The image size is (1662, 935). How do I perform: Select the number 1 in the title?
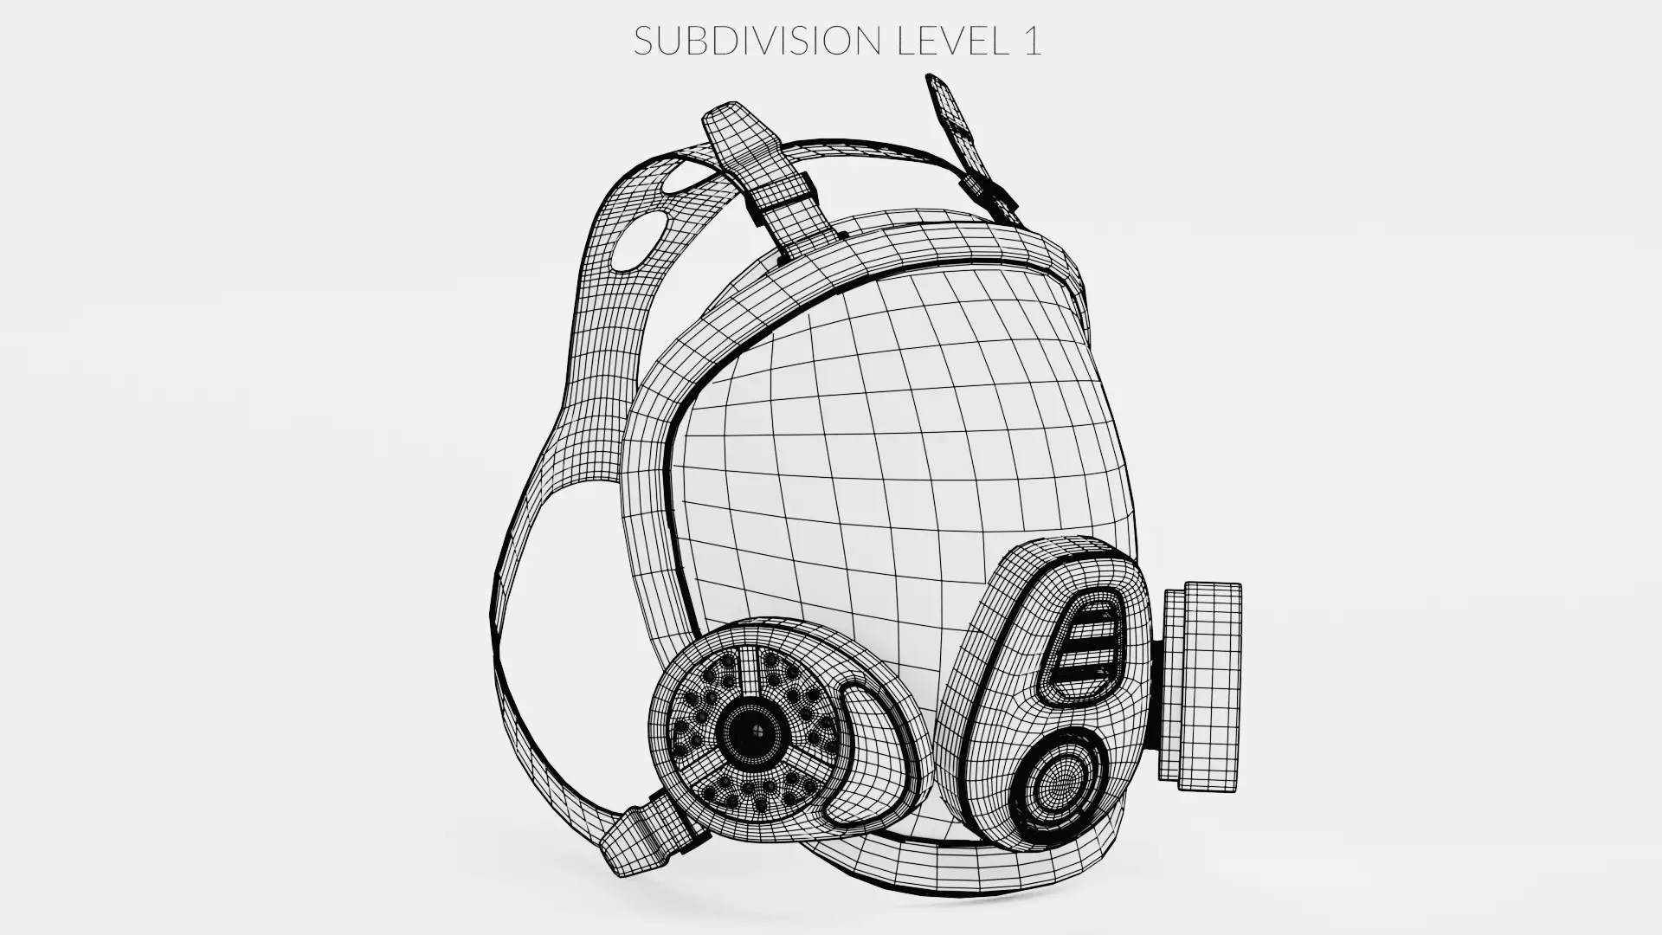[1031, 41]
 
